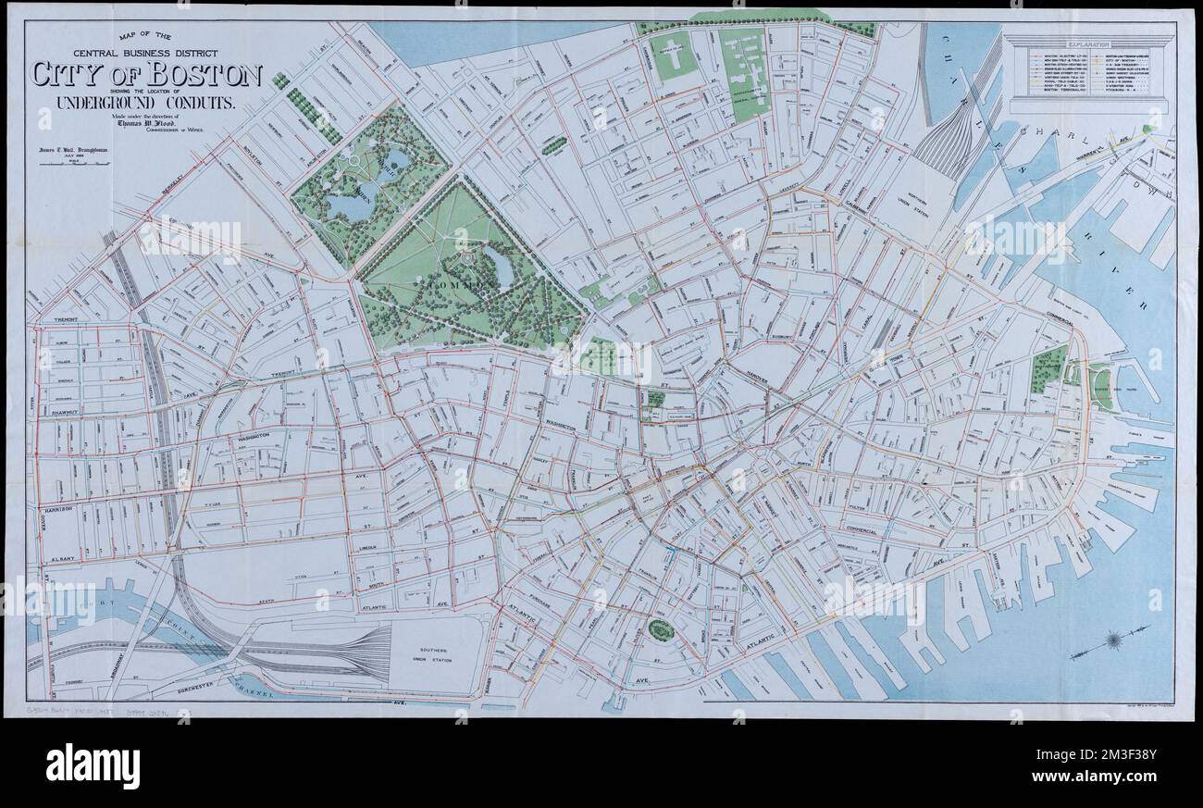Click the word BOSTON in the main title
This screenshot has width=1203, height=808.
(200, 75)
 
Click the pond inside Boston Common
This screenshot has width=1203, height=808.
(498, 270)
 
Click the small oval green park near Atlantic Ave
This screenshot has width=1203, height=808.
(660, 630)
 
